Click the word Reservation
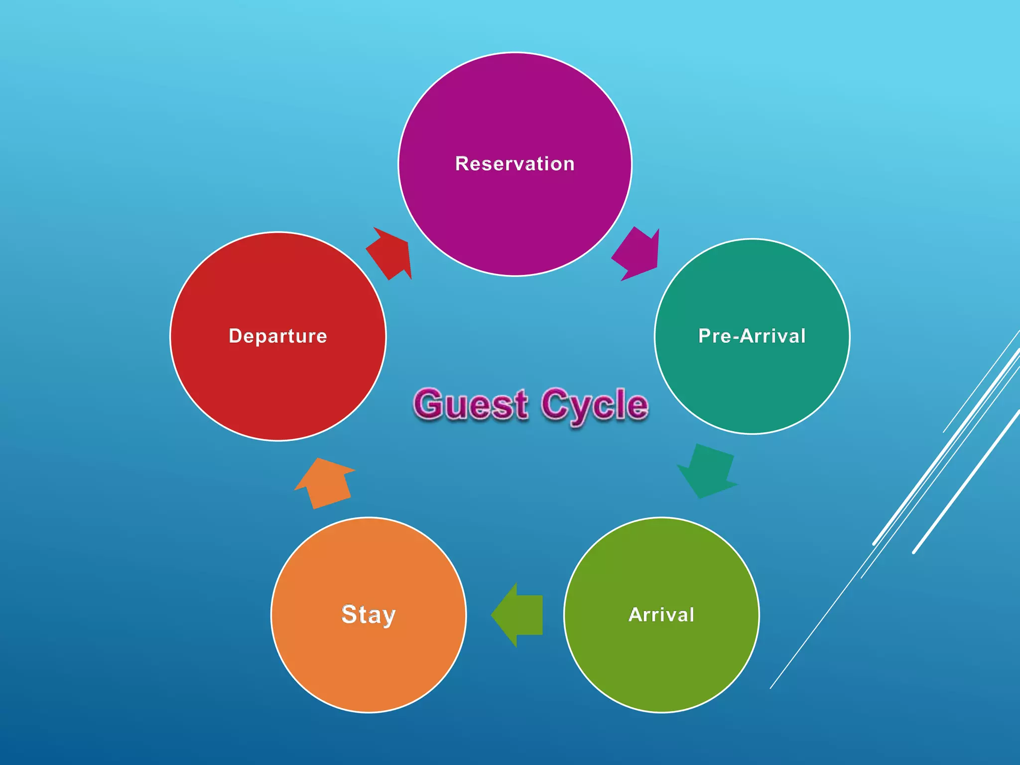[514, 164]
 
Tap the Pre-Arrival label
[752, 336]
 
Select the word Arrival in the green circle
[661, 615]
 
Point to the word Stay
[369, 615]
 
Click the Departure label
[278, 336]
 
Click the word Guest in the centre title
[471, 404]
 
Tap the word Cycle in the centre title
[595, 404]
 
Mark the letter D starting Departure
[235, 336]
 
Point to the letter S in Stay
[349, 614]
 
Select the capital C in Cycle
[555, 404]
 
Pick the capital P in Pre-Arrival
[705, 336]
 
